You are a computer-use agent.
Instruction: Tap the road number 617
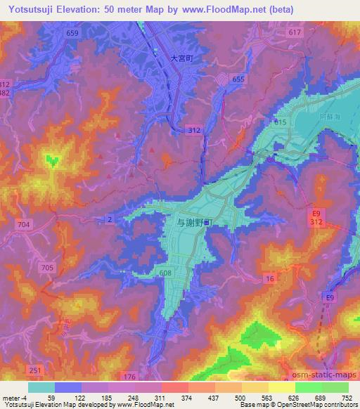(295, 34)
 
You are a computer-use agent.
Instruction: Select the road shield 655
(238, 79)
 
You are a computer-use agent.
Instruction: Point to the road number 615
(281, 122)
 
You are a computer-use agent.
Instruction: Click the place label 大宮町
(181, 60)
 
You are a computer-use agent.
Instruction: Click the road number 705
(47, 268)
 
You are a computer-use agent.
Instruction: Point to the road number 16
(269, 279)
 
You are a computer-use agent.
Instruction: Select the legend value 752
(348, 398)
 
